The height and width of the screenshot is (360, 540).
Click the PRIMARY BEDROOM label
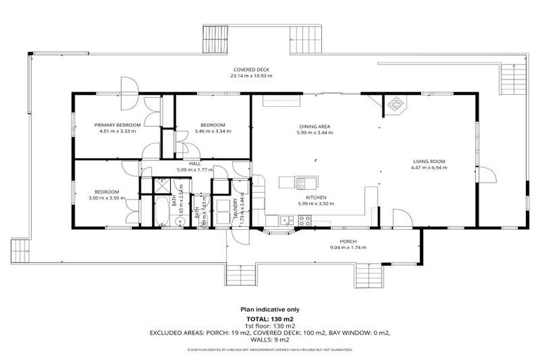point(117,124)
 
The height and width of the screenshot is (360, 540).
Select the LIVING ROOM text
point(428,162)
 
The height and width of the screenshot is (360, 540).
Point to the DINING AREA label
point(314,126)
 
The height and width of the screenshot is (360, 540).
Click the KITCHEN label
point(314,198)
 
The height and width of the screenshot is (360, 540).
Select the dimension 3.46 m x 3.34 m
point(211,131)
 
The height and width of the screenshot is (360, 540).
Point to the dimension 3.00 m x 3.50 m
point(107,198)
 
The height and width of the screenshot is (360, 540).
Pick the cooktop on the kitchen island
point(301,183)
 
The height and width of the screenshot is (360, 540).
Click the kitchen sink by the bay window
point(285,220)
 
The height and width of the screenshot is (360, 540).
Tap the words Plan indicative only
point(269,309)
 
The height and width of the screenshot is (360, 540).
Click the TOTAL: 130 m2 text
point(269,319)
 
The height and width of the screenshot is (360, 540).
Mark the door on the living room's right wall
point(484,174)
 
